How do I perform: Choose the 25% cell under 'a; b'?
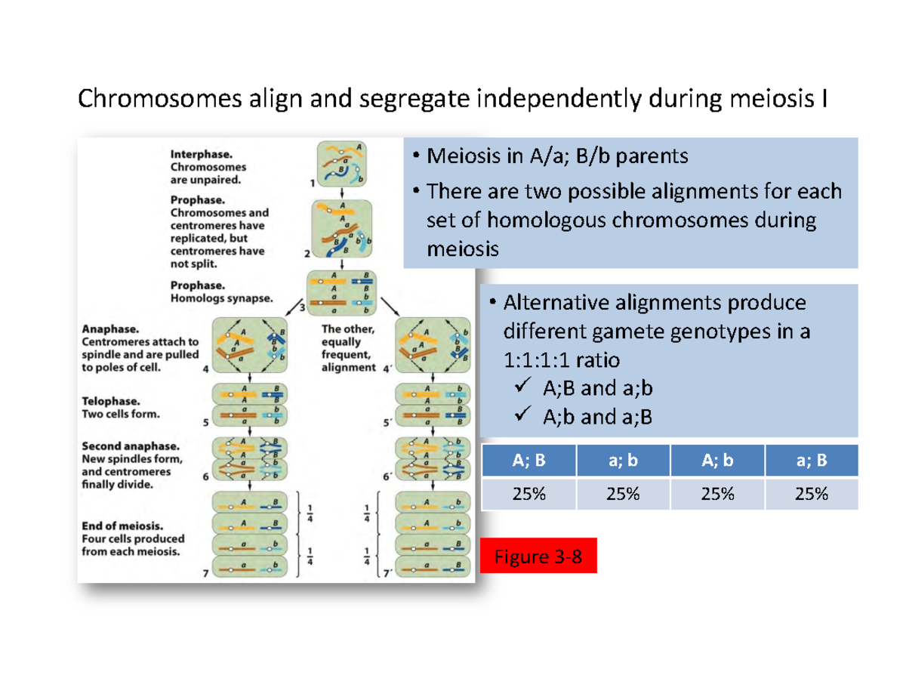point(621,495)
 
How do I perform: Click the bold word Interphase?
point(196,152)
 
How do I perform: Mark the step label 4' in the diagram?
point(387,370)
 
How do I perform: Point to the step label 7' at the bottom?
point(387,574)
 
